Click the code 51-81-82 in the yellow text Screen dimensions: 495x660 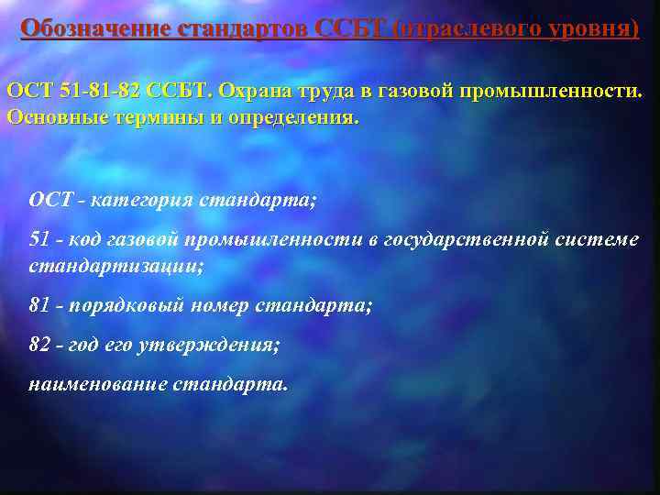click(x=98, y=93)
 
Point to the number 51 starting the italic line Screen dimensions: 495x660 click(x=39, y=239)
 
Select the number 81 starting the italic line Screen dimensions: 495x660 click(x=39, y=305)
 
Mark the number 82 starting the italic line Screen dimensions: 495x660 click(x=39, y=345)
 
